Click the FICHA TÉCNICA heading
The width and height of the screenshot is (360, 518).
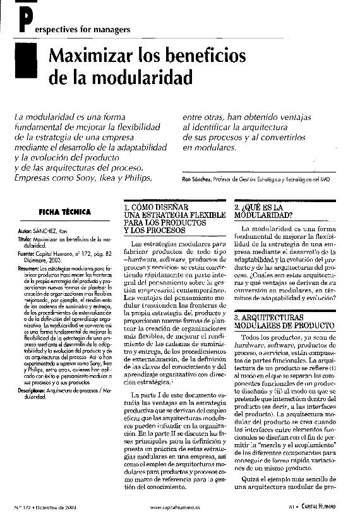64,212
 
